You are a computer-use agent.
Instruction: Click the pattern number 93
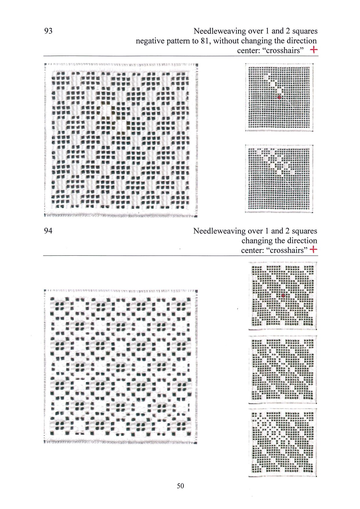coord(48,31)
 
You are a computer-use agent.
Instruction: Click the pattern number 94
coord(48,231)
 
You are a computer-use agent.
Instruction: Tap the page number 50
coord(180,486)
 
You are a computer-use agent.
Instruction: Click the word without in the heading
coord(226,41)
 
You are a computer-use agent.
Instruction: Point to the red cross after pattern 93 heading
coord(314,50)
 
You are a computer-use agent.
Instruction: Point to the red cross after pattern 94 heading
coord(314,250)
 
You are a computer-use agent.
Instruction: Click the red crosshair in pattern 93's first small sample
coord(279,97)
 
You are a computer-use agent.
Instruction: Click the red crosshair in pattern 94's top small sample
coord(283,296)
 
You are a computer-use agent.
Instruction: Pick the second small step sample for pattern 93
coord(279,179)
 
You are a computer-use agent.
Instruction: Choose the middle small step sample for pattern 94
coord(282,369)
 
